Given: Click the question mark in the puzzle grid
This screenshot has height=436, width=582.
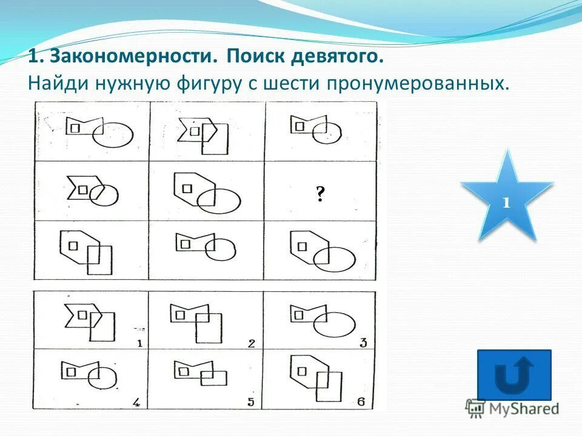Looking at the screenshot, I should tap(319, 194).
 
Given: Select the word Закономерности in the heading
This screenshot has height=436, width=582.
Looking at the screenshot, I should tap(133, 58).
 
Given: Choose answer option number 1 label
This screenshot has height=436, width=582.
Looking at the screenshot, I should tap(139, 343).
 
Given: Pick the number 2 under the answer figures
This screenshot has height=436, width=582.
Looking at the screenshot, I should tap(251, 343).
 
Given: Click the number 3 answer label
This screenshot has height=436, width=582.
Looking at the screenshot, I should tap(363, 343).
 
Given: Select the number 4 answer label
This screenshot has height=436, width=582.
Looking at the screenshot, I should tap(136, 401).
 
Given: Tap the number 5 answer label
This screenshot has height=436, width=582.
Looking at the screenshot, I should tap(250, 402).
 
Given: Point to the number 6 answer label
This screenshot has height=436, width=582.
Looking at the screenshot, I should tap(361, 401).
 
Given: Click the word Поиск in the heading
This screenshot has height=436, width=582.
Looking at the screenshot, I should tap(252, 58).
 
